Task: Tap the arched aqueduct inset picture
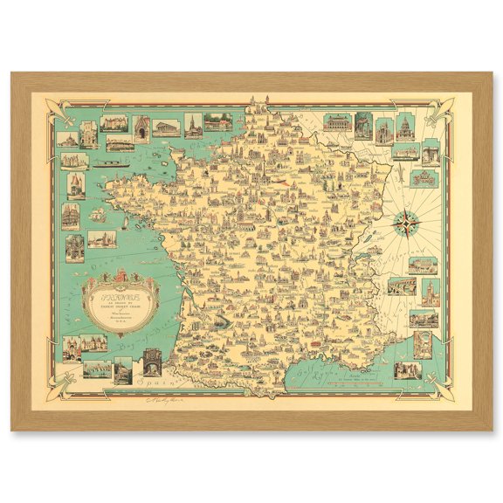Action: tap(401, 285)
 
